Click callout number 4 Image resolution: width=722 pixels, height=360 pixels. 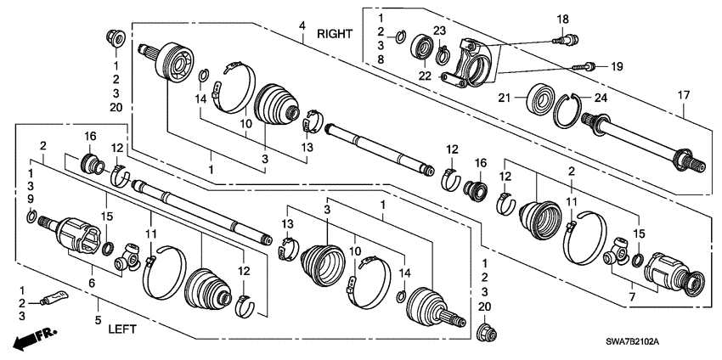(302, 26)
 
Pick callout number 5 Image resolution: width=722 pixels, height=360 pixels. (98, 321)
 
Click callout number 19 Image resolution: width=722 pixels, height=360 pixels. (617, 65)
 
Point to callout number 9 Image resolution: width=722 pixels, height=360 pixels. (30, 199)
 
